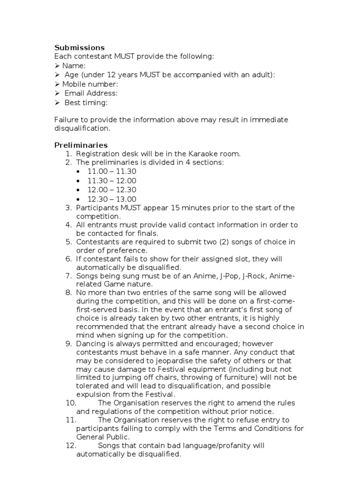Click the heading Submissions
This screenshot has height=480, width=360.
[79, 47]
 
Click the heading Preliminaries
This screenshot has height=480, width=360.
[81, 145]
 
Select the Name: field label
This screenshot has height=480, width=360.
[74, 66]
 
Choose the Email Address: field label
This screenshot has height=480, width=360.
[91, 93]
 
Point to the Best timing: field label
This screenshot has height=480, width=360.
[86, 102]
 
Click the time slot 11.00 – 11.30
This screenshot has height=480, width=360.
[112, 172]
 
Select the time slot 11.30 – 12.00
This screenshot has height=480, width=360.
[112, 180]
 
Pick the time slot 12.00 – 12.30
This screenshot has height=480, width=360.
[112, 189]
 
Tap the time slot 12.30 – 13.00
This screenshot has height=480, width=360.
[112, 199]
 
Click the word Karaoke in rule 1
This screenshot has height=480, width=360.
[189, 154]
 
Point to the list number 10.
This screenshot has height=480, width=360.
[70, 403]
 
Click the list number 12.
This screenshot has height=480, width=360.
[70, 446]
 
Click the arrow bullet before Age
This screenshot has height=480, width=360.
[57, 75]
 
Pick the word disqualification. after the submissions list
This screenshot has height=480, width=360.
[82, 127]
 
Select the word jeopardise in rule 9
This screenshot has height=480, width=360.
[161, 360]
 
